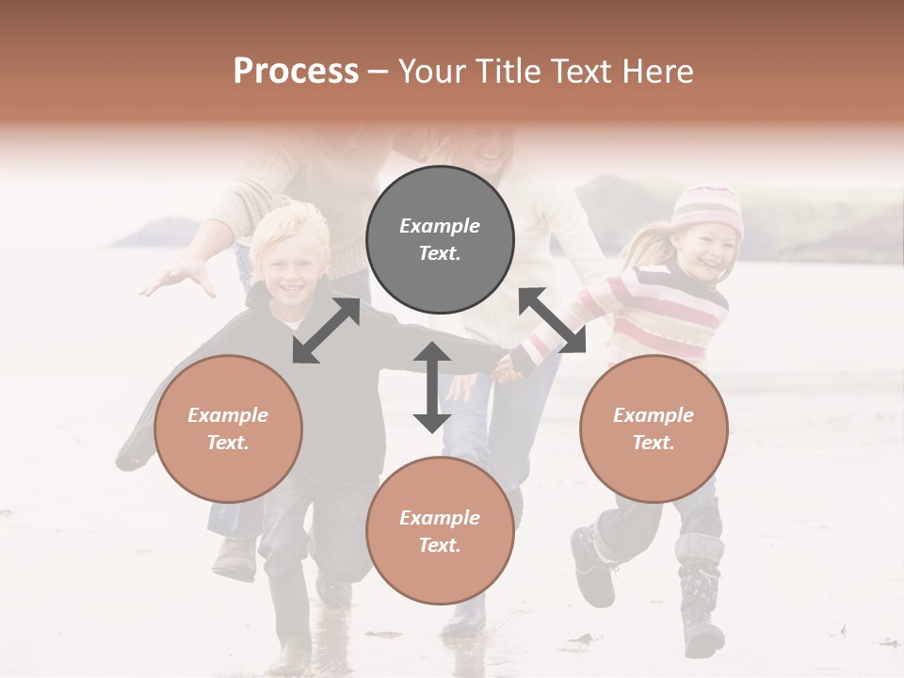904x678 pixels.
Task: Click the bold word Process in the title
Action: [x=296, y=72]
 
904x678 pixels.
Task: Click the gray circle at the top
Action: [x=440, y=239]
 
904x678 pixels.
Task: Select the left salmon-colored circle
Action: [x=228, y=428]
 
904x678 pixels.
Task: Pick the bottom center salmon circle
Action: [x=440, y=531]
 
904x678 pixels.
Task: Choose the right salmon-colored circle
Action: [x=654, y=428]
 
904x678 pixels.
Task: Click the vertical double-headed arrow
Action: [x=432, y=387]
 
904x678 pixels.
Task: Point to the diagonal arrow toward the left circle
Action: [x=326, y=331]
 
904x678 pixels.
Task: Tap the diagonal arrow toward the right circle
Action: [x=553, y=320]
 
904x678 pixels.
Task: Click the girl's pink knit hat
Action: [x=707, y=208]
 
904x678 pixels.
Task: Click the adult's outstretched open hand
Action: [x=179, y=277]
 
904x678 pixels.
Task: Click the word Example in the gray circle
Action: [x=440, y=226]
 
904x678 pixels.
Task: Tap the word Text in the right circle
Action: [x=654, y=443]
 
